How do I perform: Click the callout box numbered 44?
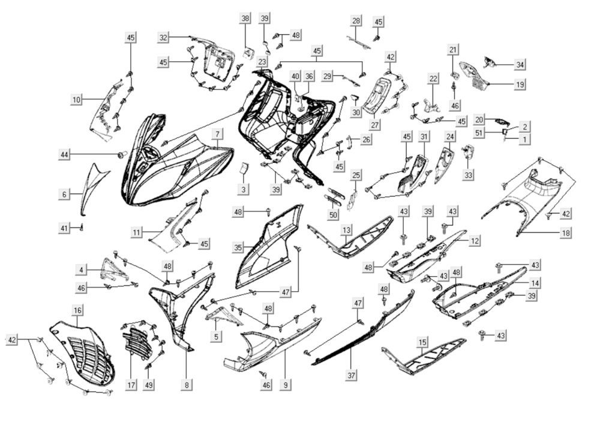65,155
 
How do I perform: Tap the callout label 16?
77,310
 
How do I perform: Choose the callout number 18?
566,232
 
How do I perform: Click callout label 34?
520,65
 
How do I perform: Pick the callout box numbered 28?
356,21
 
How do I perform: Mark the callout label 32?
163,37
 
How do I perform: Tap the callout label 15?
423,342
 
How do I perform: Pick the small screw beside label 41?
82,228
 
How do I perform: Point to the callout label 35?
238,247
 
